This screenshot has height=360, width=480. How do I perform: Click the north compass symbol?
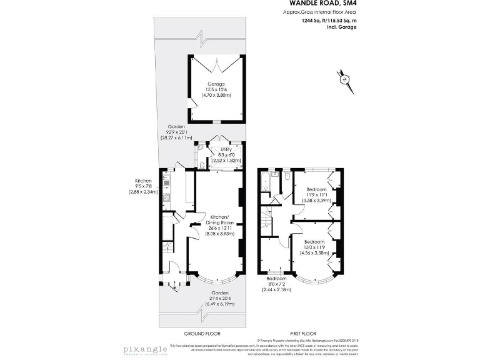[342, 79]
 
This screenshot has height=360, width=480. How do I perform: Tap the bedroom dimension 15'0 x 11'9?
[314, 247]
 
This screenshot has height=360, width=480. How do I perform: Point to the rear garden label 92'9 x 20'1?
[176, 132]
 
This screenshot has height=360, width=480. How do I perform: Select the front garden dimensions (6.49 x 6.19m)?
[219, 304]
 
